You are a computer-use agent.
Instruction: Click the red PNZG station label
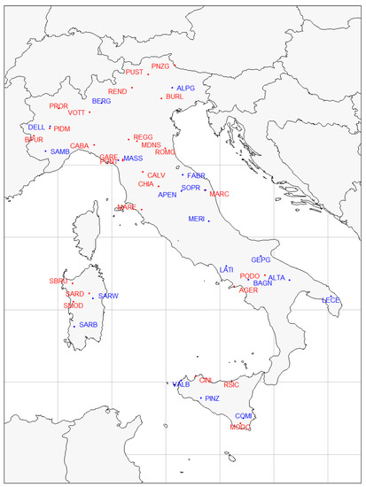tap(160, 66)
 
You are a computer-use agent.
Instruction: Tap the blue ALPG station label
tap(185, 89)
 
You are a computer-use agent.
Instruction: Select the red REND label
tap(117, 91)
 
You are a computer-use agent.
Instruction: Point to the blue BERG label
tap(101, 102)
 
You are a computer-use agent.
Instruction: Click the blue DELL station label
tap(36, 128)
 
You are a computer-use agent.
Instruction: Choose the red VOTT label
tap(76, 112)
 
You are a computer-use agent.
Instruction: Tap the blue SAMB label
tap(59, 151)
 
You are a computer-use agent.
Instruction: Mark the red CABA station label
tap(80, 146)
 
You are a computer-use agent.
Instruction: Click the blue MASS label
tap(133, 158)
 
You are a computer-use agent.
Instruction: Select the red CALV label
tap(156, 175)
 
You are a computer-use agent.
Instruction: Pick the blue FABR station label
tap(197, 176)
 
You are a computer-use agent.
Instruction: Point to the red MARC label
tap(219, 194)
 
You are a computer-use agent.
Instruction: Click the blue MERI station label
tap(197, 219)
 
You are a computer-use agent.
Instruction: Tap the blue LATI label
tap(226, 269)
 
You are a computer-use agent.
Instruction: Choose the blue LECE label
tap(331, 300)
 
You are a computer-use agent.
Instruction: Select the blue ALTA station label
tap(276, 278)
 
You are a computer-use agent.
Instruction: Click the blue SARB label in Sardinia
tap(89, 325)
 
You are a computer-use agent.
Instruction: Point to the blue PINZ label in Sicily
tap(212, 399)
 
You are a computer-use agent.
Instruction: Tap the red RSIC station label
tap(231, 385)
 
